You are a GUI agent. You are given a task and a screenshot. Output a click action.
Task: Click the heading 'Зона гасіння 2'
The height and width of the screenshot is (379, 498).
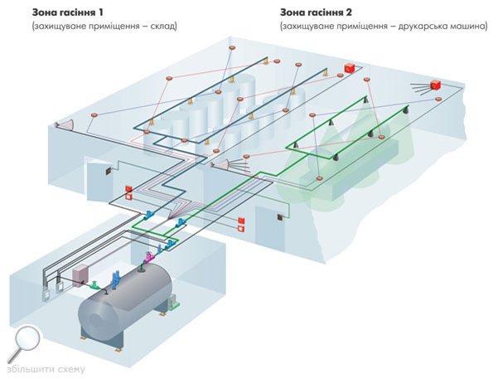(318, 12)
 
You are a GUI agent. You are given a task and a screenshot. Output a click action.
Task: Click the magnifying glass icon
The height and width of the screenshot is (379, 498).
(27, 340)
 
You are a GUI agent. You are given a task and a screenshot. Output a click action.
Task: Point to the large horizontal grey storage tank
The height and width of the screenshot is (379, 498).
(124, 307)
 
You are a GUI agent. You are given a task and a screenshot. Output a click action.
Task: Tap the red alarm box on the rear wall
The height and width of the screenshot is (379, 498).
(350, 66)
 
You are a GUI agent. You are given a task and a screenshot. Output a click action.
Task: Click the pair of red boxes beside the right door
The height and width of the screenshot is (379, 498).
(241, 222)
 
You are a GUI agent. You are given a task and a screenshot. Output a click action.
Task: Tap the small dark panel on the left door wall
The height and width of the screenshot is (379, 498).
(108, 170)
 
